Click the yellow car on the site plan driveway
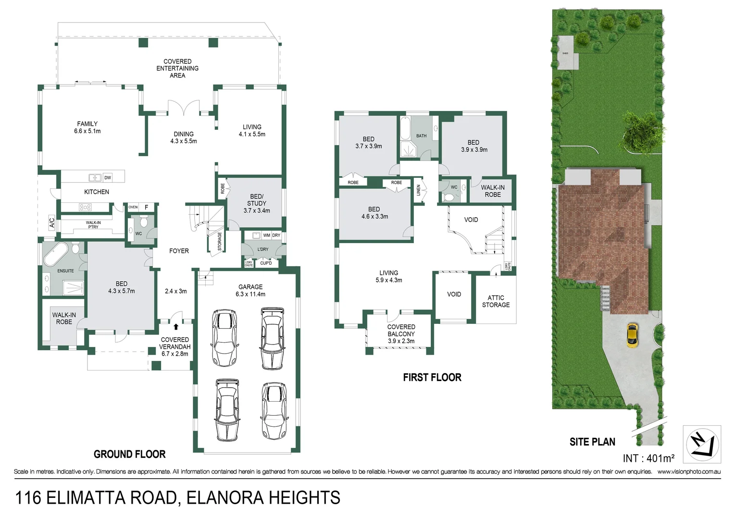[x=632, y=335]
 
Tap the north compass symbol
[x=702, y=444]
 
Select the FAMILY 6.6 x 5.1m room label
[x=87, y=127]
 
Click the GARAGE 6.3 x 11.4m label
[x=250, y=290]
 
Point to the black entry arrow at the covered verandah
[x=176, y=327]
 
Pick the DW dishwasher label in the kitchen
[x=108, y=178]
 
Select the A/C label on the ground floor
[x=52, y=223]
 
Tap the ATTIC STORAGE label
[x=496, y=301]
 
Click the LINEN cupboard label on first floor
[x=418, y=190]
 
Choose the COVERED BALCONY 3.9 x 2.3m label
[x=401, y=334]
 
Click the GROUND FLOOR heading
[x=129, y=454]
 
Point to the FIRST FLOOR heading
[x=432, y=378]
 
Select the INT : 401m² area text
[x=648, y=458]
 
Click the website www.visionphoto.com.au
[x=689, y=472]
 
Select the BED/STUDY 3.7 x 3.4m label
[x=257, y=203]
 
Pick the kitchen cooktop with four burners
[x=85, y=207]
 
